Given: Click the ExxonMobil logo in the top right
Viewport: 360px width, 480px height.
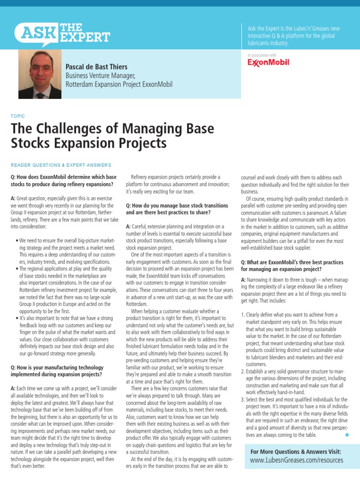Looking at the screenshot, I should point(268,62).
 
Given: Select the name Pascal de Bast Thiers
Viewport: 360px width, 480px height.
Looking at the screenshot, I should point(96,67).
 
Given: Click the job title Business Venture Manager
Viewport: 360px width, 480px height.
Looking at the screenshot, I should point(100,76).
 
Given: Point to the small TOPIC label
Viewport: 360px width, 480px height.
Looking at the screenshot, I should point(17,116).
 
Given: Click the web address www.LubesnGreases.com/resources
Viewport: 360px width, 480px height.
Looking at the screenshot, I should point(297,460).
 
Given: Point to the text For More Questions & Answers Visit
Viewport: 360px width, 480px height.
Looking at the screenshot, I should point(296,451).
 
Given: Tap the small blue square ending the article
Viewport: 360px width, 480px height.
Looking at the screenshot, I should point(347,435).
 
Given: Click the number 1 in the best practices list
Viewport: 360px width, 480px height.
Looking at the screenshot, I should point(243,315).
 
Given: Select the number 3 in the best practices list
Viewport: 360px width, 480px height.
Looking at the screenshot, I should point(243,386).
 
